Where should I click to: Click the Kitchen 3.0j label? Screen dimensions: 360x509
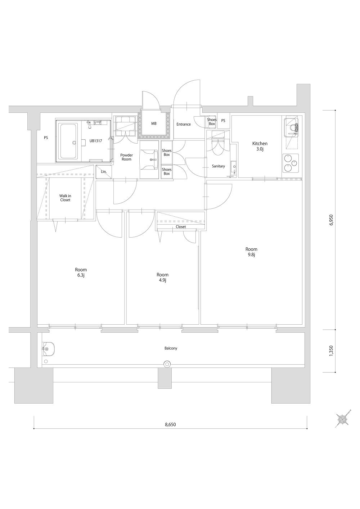260,146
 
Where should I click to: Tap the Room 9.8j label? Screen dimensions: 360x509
251,252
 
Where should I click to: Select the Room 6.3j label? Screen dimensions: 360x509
81,272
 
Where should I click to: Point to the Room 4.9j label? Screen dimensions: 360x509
162,277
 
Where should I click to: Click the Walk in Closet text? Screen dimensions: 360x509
65,198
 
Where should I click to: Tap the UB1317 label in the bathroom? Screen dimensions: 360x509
96,141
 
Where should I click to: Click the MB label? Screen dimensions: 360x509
154,123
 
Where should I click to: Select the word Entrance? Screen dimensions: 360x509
184,124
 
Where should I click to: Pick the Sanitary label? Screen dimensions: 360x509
219,166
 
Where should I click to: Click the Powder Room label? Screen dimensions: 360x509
127,157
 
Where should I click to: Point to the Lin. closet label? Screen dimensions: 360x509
104,172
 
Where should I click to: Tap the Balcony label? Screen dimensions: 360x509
171,348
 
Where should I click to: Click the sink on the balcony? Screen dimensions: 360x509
48,349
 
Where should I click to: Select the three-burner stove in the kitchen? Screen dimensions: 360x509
291,163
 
